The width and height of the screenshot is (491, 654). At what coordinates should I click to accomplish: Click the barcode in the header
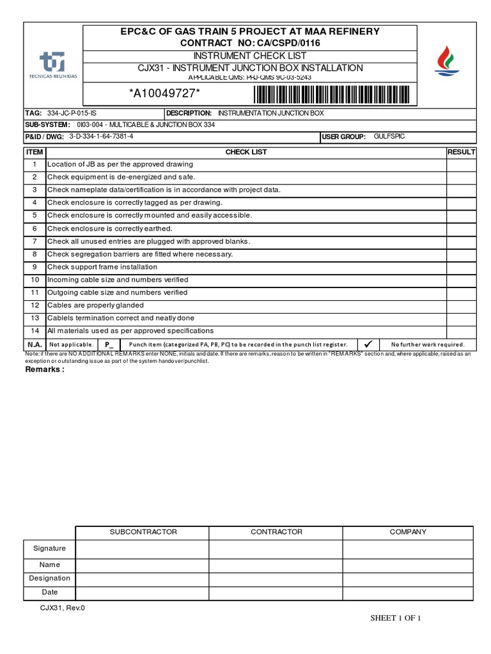(x=334, y=95)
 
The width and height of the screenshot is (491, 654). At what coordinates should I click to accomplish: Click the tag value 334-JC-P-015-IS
(x=72, y=113)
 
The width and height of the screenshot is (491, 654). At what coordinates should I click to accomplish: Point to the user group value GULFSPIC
(x=389, y=137)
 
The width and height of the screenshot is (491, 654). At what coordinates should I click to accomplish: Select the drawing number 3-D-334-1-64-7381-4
(x=102, y=137)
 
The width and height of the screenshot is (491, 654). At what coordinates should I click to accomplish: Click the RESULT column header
(x=461, y=152)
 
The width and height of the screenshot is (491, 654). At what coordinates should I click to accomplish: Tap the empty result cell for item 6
(x=461, y=229)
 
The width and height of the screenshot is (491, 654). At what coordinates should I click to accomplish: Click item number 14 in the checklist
(x=35, y=331)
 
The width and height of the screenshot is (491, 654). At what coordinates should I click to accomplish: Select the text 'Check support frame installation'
(x=102, y=267)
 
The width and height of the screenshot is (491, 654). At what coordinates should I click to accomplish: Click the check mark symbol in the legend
(x=368, y=344)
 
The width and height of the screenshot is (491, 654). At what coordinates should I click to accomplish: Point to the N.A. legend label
(x=35, y=344)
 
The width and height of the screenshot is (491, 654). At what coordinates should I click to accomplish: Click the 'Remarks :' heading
(x=45, y=369)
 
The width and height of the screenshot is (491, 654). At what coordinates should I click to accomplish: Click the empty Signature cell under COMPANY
(x=408, y=549)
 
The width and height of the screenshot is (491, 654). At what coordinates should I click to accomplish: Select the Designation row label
(x=50, y=578)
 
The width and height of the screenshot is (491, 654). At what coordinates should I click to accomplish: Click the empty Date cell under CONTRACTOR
(x=276, y=593)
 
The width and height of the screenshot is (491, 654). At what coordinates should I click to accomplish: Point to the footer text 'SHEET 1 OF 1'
(x=396, y=618)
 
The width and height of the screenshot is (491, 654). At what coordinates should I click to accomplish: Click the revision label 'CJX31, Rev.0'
(x=63, y=608)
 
